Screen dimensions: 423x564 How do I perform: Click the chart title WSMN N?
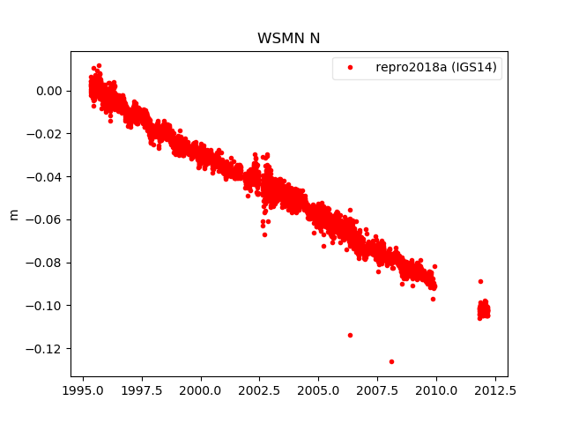coord(282,39)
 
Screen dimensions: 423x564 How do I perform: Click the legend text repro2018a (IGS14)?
coord(438,68)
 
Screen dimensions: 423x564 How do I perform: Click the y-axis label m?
coord(13,214)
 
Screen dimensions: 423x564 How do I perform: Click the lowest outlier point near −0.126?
coord(391,361)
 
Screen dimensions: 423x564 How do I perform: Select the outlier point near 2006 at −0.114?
coord(350,335)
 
